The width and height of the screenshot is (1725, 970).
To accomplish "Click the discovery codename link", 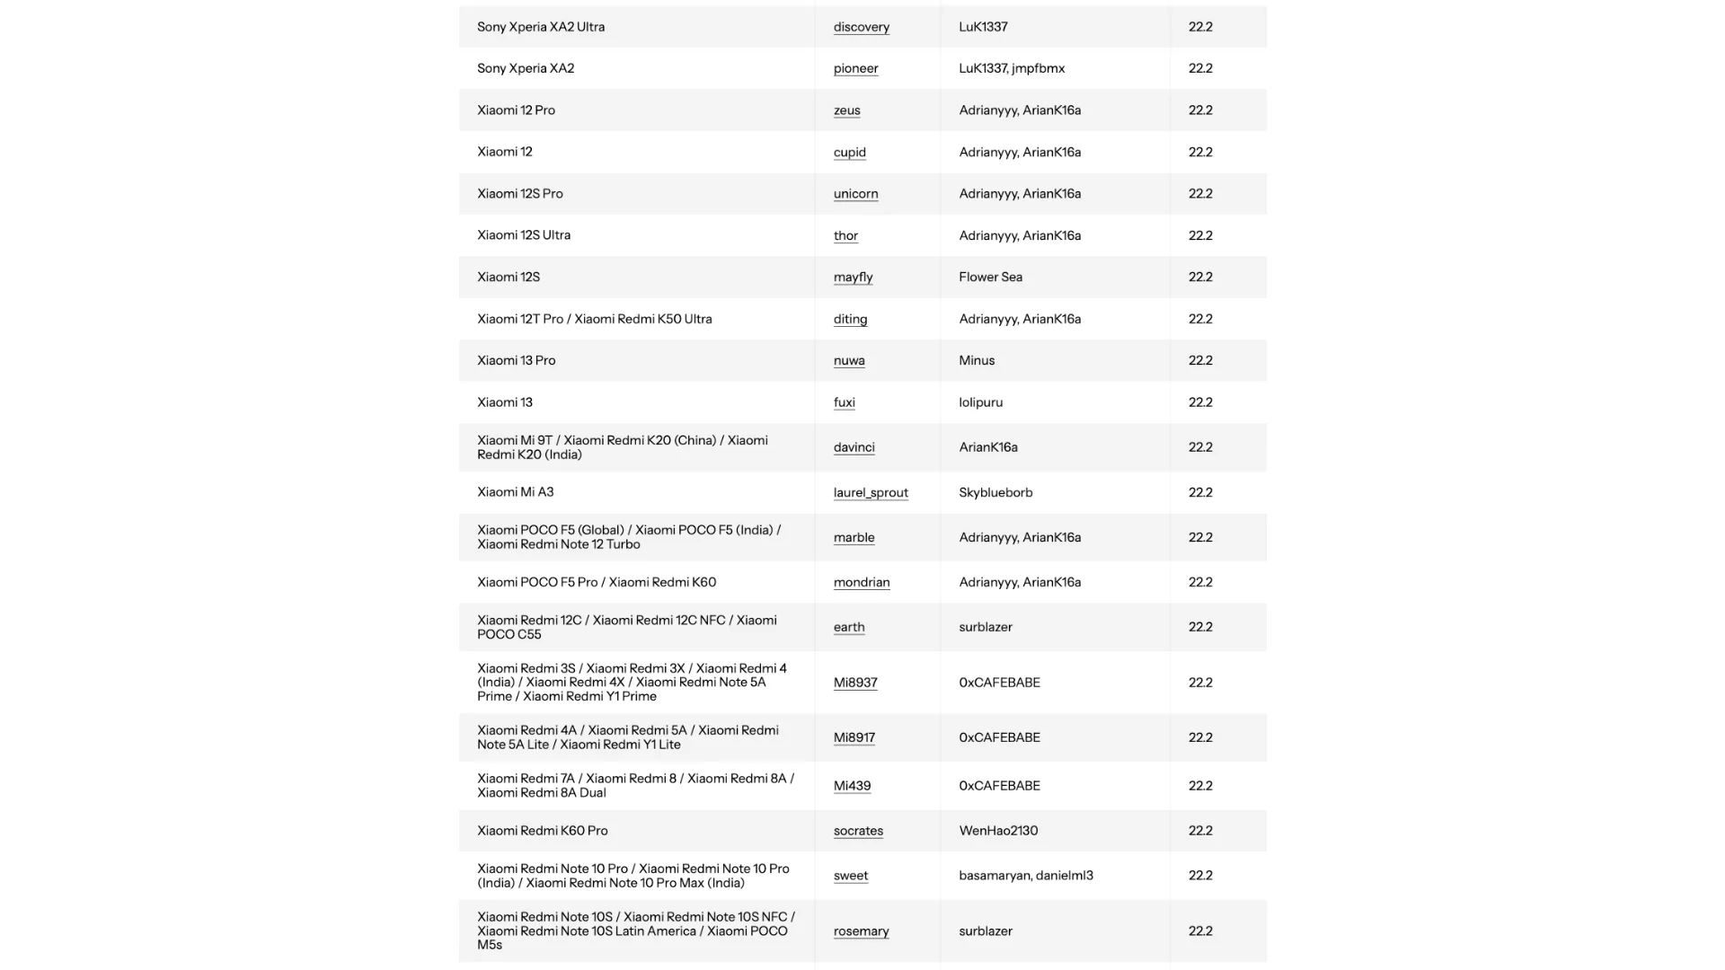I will (861, 27).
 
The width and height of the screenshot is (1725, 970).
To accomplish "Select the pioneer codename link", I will (855, 68).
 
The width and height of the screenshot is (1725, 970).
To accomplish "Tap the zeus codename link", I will (846, 110).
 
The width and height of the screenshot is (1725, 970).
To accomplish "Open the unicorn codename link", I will (855, 194).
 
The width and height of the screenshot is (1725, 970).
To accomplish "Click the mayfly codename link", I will (853, 278).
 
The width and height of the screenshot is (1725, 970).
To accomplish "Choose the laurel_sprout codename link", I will (871, 493).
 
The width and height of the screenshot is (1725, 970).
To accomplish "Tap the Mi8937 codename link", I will (854, 683).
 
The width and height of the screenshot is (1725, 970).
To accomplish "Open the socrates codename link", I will (858, 831).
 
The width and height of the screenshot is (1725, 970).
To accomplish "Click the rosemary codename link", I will (861, 931).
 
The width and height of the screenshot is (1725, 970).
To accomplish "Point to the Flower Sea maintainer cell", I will (990, 278).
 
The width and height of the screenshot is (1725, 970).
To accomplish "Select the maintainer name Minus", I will (977, 361).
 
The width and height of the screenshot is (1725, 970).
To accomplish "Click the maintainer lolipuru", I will (980, 402).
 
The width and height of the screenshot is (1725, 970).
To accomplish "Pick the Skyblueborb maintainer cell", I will (995, 493).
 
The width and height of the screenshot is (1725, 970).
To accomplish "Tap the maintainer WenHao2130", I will (998, 831).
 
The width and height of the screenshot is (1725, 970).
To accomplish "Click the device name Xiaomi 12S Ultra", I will (524, 235).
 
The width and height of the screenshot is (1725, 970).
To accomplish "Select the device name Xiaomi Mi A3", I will (515, 492).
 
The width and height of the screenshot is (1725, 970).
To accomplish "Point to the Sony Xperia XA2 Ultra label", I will (541, 27).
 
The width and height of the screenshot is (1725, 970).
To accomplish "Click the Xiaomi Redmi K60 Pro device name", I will (542, 831).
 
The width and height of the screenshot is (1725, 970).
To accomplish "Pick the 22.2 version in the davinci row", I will (1200, 447).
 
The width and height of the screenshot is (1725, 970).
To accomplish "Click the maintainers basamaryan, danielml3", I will (1026, 876).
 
